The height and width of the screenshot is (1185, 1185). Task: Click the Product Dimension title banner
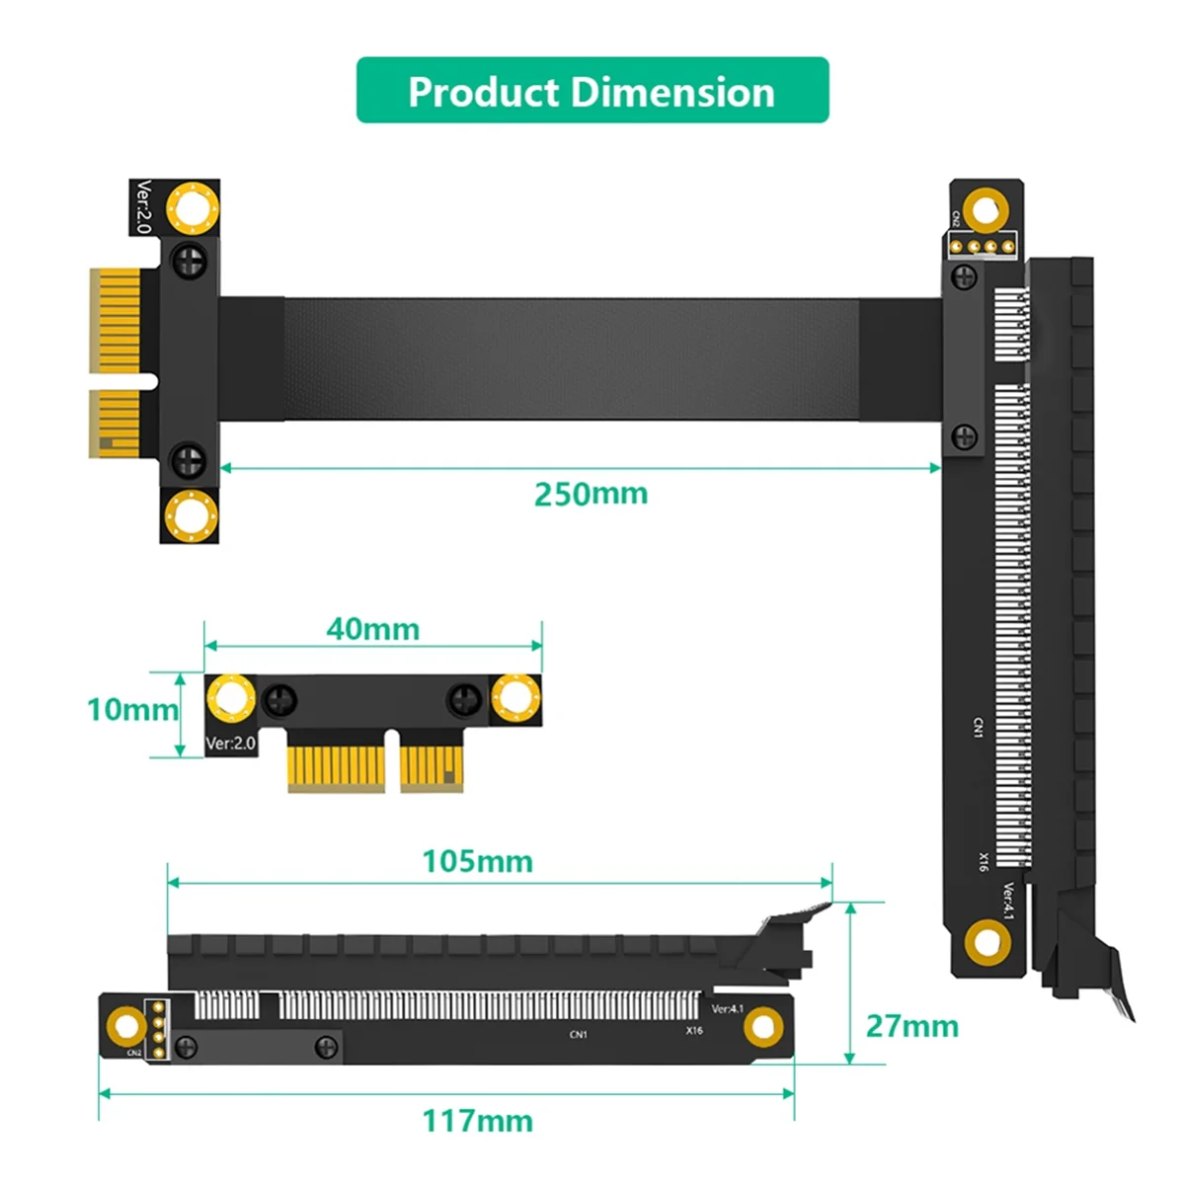(x=592, y=91)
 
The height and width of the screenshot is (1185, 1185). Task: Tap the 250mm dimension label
(x=591, y=494)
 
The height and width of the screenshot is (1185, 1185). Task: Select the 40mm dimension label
(x=372, y=629)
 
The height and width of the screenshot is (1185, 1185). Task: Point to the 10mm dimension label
(x=131, y=709)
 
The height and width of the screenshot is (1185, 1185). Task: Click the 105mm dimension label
(x=477, y=861)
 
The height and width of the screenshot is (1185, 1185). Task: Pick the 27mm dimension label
(x=911, y=1026)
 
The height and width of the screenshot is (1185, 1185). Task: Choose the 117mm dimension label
(x=477, y=1121)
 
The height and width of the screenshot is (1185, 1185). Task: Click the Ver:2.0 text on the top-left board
(x=144, y=206)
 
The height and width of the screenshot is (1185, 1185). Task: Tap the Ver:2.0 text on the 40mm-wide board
(x=230, y=743)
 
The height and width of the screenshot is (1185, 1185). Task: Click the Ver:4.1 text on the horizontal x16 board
(x=728, y=1008)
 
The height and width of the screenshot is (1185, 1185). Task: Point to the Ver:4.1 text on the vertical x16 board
(x=1008, y=901)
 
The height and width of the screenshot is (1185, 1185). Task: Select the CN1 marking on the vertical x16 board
(x=978, y=728)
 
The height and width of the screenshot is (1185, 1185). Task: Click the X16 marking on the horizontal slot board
(x=694, y=1031)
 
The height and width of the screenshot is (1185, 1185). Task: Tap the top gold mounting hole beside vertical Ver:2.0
(x=192, y=207)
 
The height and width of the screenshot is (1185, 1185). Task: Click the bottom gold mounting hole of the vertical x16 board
(x=987, y=943)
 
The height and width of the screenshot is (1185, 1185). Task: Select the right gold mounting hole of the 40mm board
(x=515, y=698)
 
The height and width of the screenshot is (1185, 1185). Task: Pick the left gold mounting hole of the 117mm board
(x=126, y=1028)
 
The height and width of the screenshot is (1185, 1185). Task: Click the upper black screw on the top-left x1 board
(x=189, y=262)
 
